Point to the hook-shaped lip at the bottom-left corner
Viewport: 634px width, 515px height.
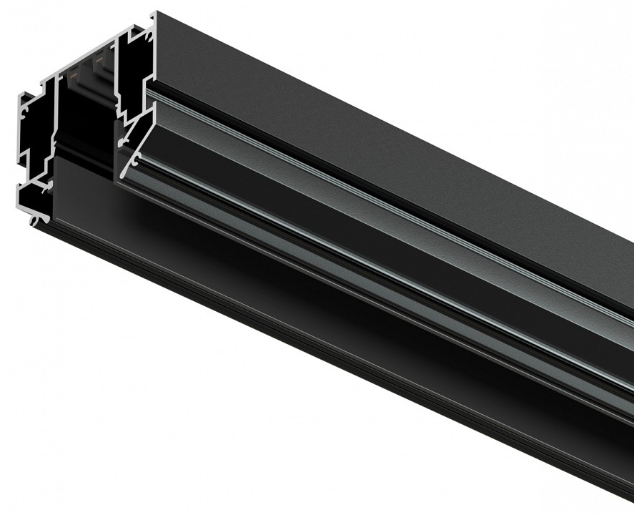(x=34, y=218)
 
